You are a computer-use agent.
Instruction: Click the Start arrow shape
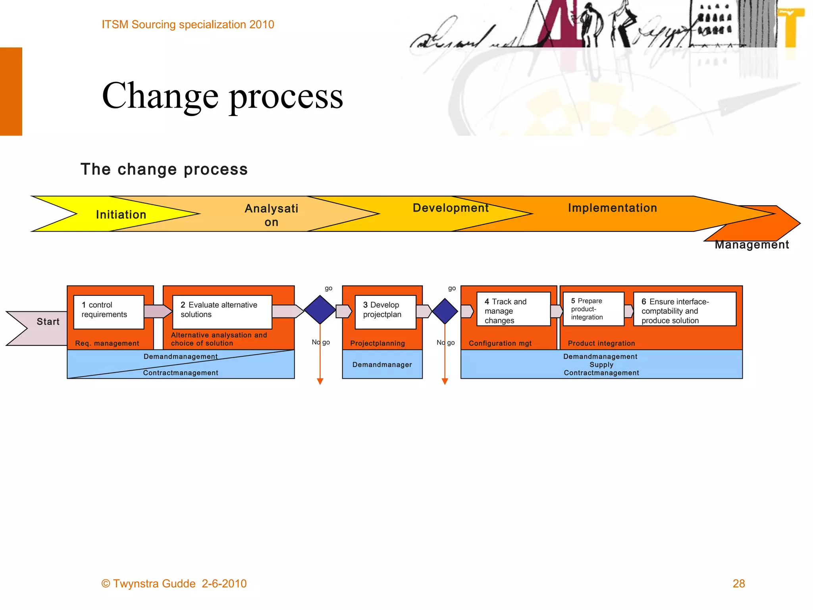[40, 328]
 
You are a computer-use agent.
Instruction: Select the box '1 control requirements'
[108, 312]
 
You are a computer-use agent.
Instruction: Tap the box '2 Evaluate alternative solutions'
[222, 312]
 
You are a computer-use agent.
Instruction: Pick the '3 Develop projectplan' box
[385, 312]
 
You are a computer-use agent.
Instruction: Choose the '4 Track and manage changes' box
[513, 309]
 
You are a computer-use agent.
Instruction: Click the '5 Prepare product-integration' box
[593, 309]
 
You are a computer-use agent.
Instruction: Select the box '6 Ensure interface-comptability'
[684, 309]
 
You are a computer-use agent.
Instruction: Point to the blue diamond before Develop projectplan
[320, 310]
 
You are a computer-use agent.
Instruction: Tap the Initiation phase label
[121, 215]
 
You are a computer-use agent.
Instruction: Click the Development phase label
[451, 208]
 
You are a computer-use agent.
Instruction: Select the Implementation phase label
[612, 208]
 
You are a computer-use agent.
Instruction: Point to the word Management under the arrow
[751, 245]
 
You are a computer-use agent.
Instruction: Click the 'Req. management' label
[107, 343]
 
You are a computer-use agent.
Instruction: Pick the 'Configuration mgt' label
[500, 343]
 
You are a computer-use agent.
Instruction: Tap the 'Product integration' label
[601, 343]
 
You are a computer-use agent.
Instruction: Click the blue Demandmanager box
[382, 364]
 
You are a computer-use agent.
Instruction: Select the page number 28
[738, 583]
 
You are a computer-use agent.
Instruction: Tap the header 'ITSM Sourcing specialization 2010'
[188, 25]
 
